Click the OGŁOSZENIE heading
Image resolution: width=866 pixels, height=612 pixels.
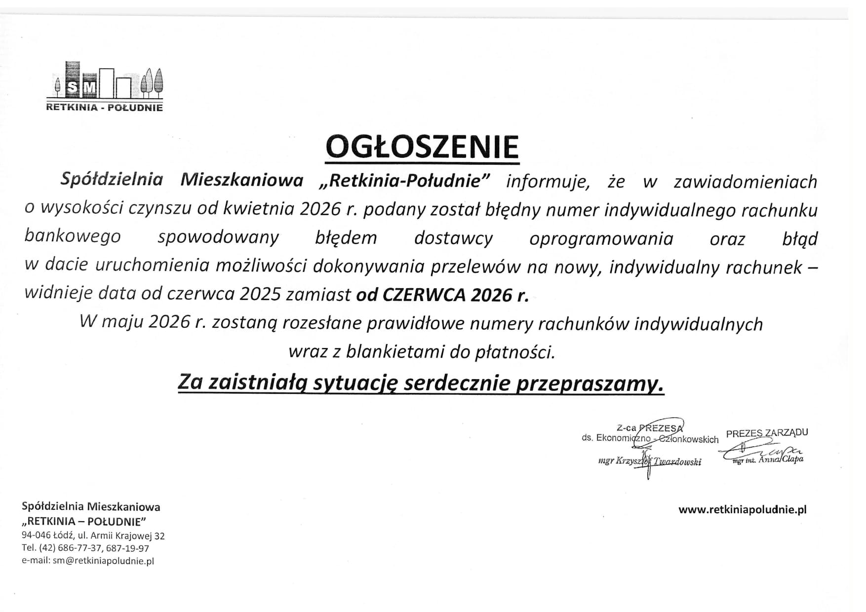(x=422, y=146)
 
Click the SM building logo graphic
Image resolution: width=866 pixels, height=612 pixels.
(x=109, y=80)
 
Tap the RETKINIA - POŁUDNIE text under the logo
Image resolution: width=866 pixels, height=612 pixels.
(x=104, y=108)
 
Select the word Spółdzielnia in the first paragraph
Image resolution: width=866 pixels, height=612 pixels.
(x=112, y=180)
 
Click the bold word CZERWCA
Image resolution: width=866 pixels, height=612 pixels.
(x=423, y=295)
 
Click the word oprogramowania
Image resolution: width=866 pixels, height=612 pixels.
(x=601, y=238)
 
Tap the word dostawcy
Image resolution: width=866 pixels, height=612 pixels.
(x=453, y=238)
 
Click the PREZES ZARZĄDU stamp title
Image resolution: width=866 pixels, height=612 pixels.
(x=767, y=433)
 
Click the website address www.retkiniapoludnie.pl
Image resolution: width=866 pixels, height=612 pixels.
(x=742, y=510)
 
